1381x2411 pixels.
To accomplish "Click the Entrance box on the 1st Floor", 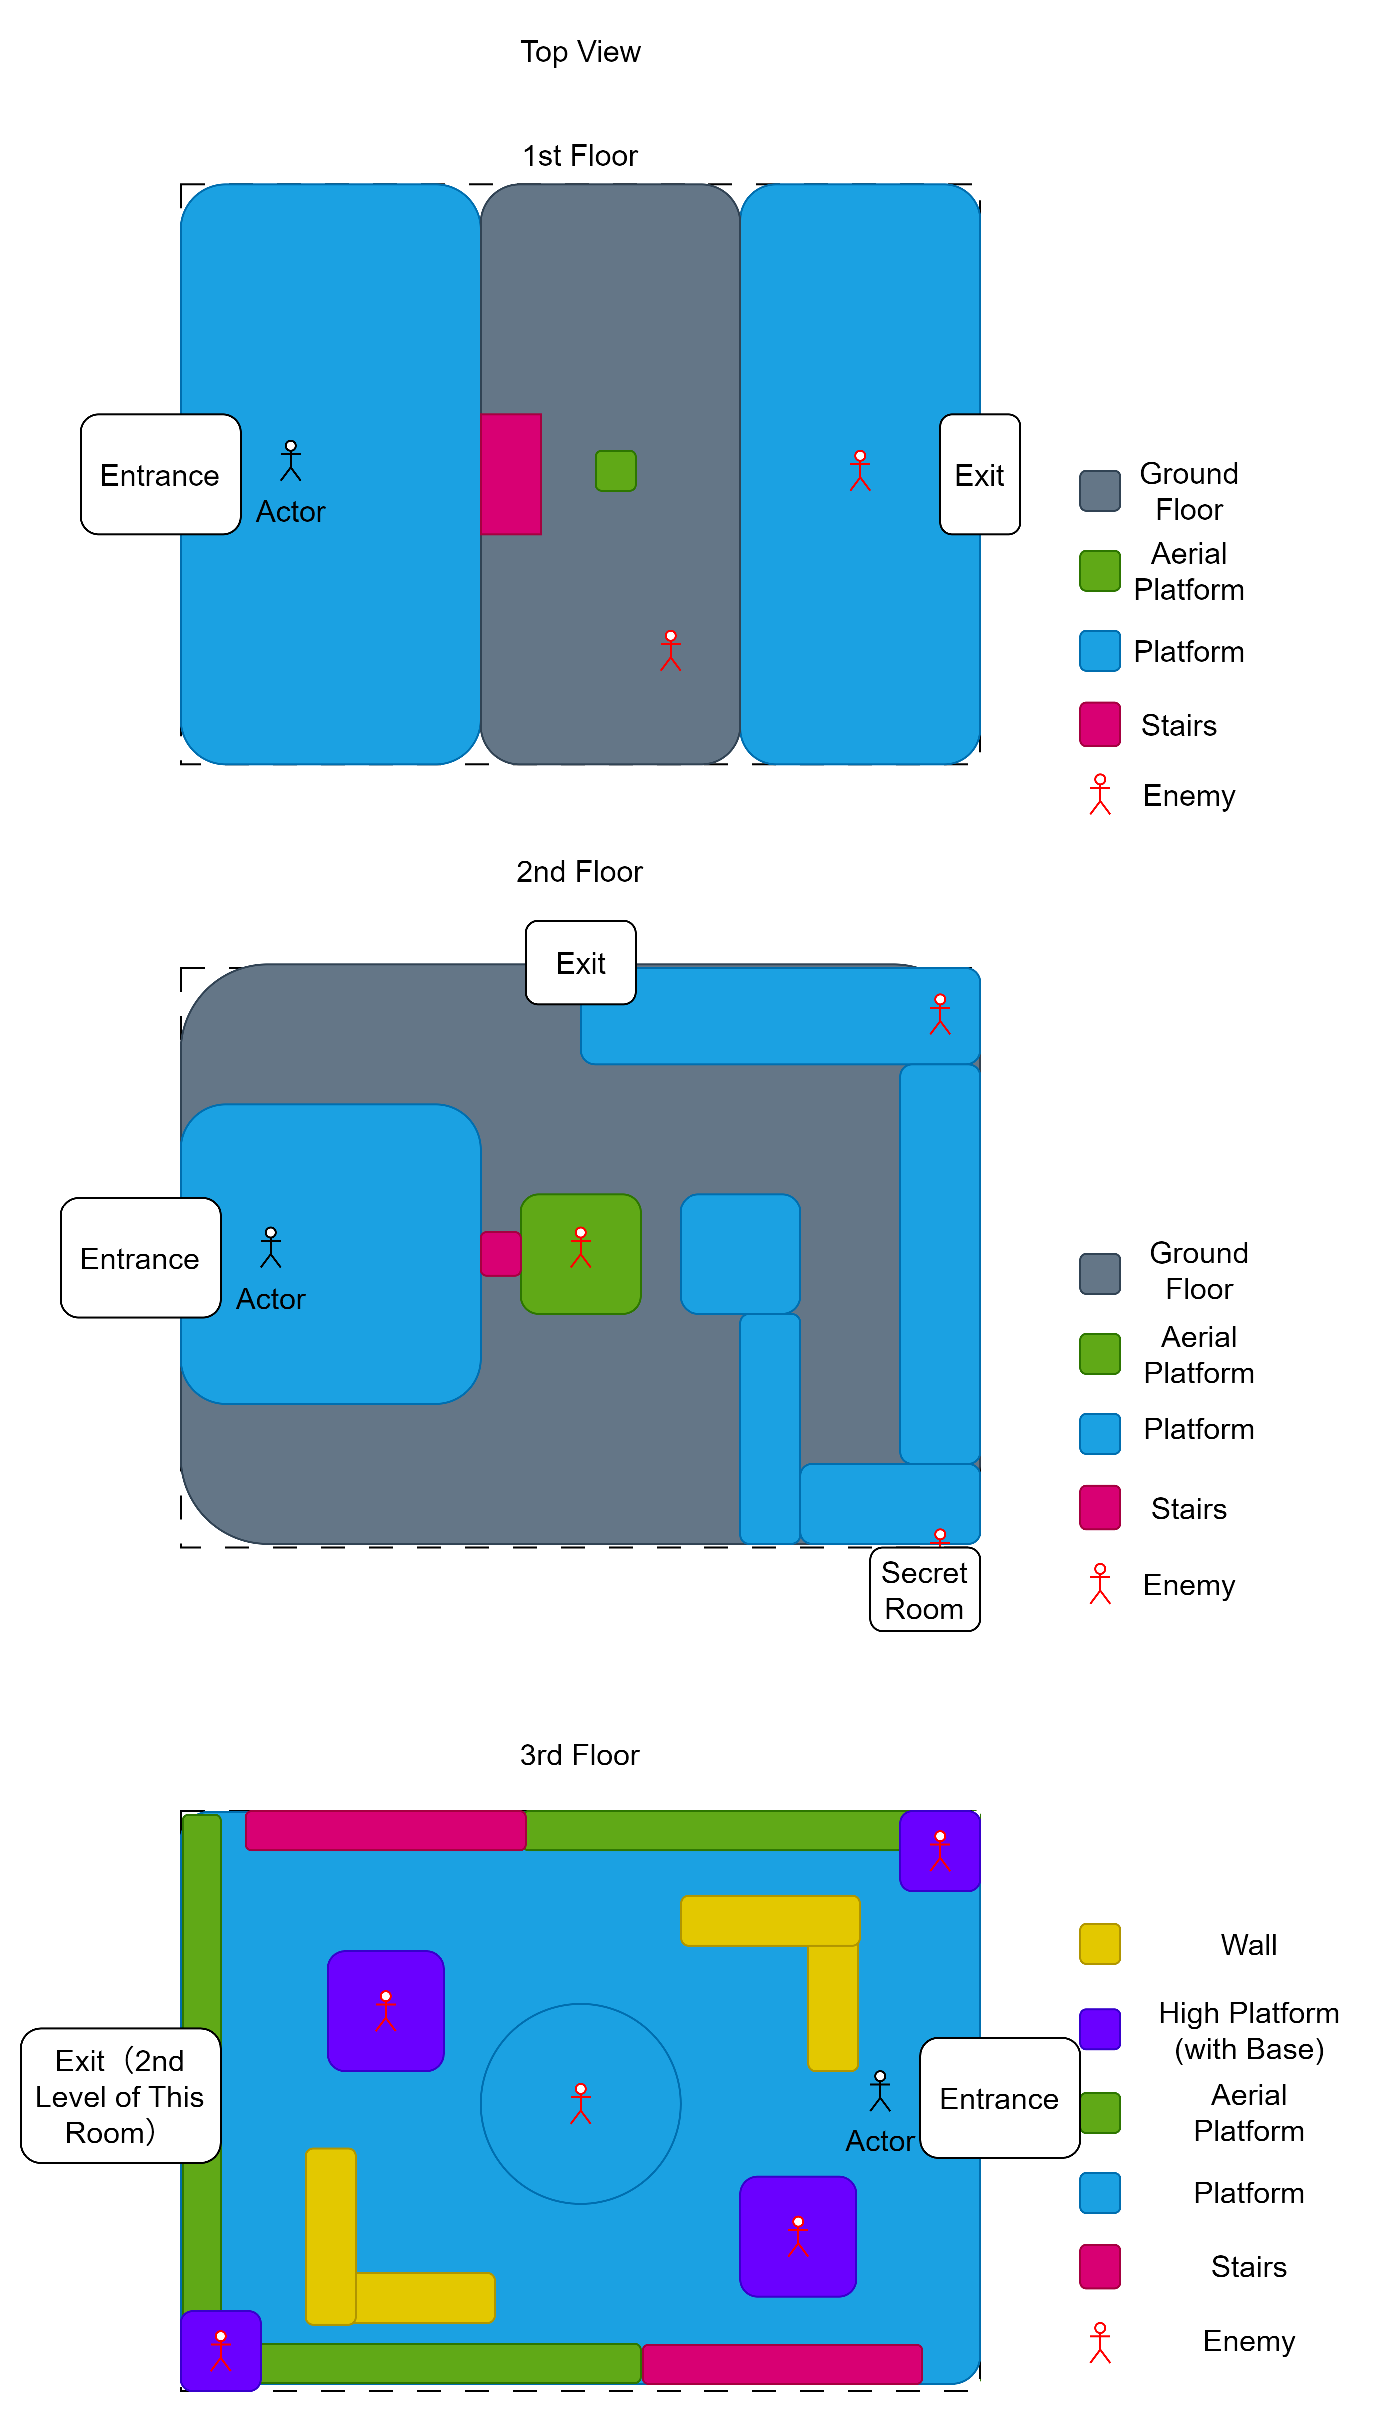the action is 160,474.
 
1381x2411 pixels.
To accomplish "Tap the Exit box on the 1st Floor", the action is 980,474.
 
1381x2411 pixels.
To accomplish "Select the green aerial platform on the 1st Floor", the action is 616,470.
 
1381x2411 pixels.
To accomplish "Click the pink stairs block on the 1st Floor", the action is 510,474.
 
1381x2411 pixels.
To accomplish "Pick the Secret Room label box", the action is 925,1590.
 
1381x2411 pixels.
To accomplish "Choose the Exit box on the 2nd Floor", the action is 581,962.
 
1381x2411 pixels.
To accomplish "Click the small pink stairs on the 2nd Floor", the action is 500,1254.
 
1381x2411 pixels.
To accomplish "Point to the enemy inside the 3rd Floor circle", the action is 581,2104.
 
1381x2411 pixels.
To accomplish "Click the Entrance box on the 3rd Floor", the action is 1000,2098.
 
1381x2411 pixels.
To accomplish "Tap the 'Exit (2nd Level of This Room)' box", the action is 120,2095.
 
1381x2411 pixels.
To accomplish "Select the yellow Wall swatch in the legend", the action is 1100,1943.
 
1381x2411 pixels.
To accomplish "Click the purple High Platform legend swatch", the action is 1100,2029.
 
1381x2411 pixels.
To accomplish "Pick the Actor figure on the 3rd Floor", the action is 880,2091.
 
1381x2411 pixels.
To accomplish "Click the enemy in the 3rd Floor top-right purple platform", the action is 940,1850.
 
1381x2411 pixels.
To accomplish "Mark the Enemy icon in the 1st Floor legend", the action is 1100,795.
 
